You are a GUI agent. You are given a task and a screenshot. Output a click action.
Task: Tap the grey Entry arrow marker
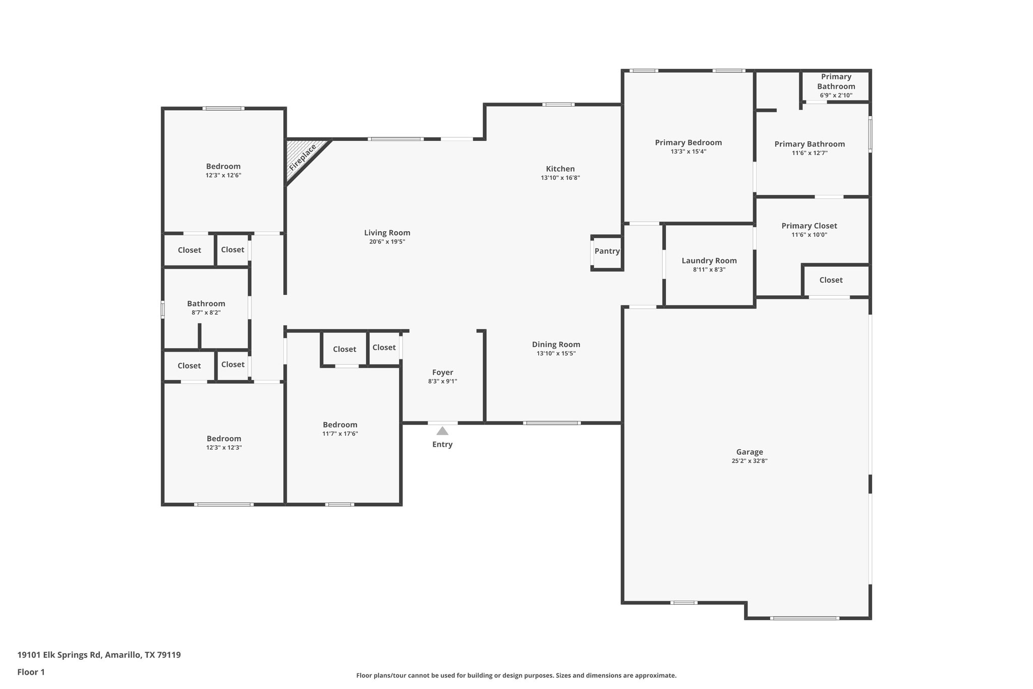442,431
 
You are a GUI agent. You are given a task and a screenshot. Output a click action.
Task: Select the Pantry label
607,251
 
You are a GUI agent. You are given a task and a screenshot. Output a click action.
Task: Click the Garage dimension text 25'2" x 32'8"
750,461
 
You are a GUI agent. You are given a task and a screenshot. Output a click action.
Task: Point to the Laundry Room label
709,260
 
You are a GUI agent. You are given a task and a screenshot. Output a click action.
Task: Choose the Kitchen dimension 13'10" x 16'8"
560,178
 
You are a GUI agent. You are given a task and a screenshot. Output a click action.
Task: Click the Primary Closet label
809,226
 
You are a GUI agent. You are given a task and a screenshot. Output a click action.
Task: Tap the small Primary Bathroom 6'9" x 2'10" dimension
836,95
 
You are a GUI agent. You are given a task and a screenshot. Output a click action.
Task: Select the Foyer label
442,373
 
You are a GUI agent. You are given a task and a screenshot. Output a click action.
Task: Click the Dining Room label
556,344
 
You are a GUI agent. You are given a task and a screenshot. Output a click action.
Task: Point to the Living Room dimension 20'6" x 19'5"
387,242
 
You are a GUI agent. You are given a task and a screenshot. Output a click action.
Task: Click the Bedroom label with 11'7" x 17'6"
340,425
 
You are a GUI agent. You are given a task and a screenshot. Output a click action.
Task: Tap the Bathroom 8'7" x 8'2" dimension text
206,312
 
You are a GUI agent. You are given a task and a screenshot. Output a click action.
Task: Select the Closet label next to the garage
831,280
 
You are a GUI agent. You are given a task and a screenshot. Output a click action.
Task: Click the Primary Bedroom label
688,142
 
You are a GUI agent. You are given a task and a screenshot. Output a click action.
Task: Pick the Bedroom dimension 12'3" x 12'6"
223,175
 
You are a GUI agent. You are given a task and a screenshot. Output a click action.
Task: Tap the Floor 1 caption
31,672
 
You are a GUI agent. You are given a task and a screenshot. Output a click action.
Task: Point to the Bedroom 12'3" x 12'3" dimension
223,447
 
